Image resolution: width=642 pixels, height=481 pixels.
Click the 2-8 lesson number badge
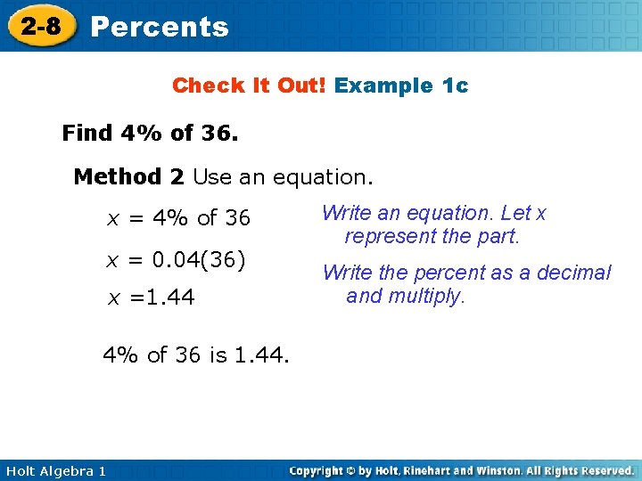[42, 26]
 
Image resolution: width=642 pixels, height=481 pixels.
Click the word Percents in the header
[160, 27]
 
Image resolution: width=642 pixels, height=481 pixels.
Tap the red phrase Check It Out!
[250, 86]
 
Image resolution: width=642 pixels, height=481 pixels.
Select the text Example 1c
[401, 86]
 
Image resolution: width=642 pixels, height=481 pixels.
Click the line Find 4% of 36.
[150, 134]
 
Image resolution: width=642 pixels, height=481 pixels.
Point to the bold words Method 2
[128, 176]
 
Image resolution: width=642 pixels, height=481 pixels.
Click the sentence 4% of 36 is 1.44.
[196, 356]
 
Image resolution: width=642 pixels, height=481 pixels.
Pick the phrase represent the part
[432, 237]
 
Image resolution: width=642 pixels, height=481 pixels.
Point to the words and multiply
[406, 296]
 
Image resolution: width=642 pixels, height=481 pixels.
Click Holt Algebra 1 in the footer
[55, 470]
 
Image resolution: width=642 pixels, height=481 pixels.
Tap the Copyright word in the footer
[319, 470]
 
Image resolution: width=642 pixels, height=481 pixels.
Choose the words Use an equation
[283, 176]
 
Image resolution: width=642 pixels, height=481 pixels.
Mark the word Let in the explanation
[515, 213]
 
